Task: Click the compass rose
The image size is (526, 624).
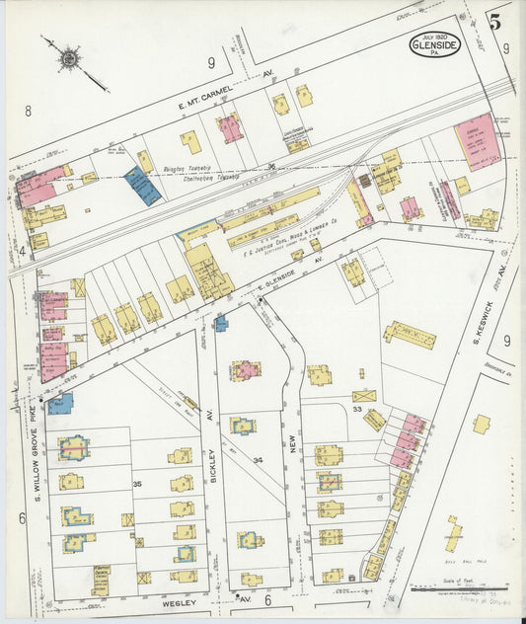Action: pos(69,59)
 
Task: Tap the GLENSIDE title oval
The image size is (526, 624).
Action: pos(434,44)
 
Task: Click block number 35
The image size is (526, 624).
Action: pos(137,484)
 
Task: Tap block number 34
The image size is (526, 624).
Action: pos(258,460)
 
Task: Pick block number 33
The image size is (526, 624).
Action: pos(358,410)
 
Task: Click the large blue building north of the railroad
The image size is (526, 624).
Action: pos(142,186)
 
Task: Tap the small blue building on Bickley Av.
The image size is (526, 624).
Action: pos(221,322)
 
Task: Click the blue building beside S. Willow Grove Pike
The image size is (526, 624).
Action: pos(60,403)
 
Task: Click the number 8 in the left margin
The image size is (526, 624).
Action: pos(28,112)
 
